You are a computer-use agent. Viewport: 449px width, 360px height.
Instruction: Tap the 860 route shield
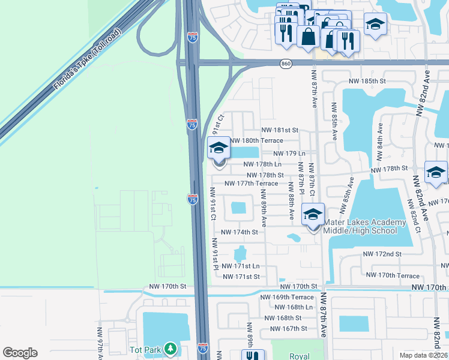pos(286,64)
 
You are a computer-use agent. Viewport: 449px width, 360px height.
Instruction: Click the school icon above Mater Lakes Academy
pos(313,214)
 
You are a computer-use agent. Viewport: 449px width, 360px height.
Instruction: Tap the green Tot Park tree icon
pos(171,349)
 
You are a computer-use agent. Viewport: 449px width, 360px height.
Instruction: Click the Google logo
pos(20,353)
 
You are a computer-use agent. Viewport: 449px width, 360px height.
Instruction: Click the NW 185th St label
pos(370,81)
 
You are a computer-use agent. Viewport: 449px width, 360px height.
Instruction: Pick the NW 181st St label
pos(280,130)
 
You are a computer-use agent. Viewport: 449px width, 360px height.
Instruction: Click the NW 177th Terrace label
pos(251,184)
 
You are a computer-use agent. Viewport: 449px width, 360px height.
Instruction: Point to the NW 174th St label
pos(240,232)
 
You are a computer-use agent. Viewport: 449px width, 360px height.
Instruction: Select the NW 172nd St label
pos(382,254)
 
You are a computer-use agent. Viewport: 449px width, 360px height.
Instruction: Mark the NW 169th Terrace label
pos(287,297)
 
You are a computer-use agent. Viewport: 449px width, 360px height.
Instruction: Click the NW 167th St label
pos(288,328)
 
